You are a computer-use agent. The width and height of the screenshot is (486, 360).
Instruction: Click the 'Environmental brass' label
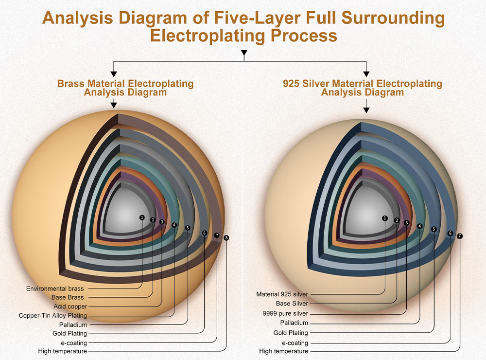pyautogui.click(x=55, y=288)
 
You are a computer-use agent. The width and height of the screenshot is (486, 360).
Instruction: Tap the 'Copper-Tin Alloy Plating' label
pyautogui.click(x=53, y=315)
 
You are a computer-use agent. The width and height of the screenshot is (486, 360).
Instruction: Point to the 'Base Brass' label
pyautogui.click(x=68, y=297)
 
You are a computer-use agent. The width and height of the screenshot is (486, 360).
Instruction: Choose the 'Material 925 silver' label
pyautogui.click(x=282, y=294)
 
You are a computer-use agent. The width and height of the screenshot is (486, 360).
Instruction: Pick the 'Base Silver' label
pyautogui.click(x=292, y=304)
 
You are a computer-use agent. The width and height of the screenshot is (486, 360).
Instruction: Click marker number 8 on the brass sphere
pyautogui.click(x=226, y=237)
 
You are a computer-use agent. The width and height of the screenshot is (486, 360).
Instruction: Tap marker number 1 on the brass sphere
pyautogui.click(x=142, y=217)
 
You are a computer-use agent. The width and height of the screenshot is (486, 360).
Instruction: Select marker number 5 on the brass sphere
pyautogui.click(x=188, y=227)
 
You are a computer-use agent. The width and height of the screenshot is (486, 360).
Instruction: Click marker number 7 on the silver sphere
pyautogui.click(x=460, y=236)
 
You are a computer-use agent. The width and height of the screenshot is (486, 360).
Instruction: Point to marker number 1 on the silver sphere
pyautogui.click(x=385, y=218)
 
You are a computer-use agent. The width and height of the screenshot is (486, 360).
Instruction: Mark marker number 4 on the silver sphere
pyautogui.click(x=420, y=226)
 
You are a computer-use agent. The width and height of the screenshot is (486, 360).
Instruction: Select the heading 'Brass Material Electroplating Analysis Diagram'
pyautogui.click(x=125, y=88)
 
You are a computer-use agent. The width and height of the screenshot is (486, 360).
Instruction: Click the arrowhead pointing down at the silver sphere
pyautogui.click(x=366, y=110)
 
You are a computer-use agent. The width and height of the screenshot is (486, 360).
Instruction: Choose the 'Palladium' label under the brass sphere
pyautogui.click(x=73, y=324)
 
